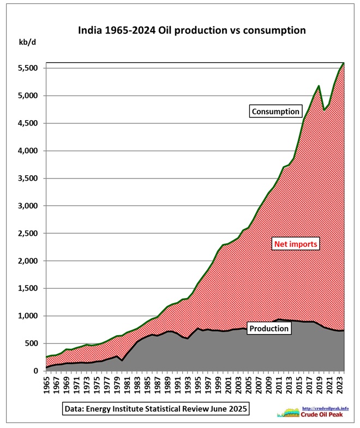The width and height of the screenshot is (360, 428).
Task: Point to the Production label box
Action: pyautogui.click(x=268, y=328)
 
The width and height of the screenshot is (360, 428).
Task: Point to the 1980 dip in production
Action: pyautogui.click(x=122, y=361)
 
